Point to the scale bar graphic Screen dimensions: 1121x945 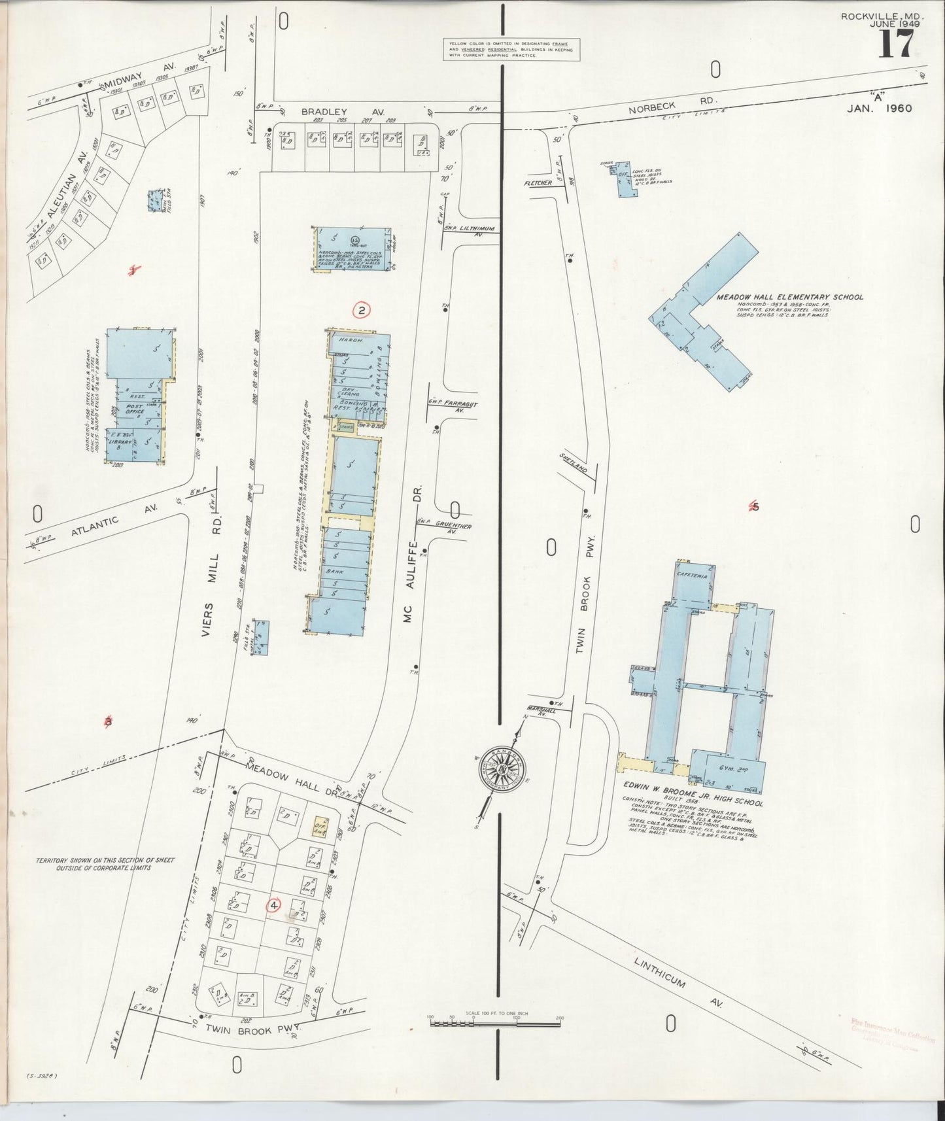495,1018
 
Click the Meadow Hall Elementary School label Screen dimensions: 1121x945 789,297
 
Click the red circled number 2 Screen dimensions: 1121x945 362,310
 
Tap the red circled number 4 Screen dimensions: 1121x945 273,905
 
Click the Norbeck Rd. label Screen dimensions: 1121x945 673,106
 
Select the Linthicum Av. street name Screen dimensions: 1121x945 679,963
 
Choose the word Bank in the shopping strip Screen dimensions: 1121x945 334,571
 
